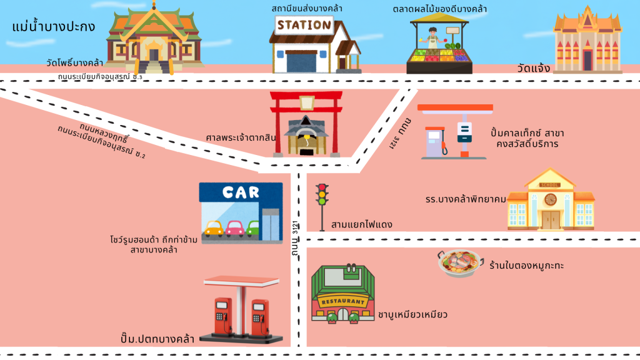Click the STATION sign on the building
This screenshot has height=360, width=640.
tap(304, 26)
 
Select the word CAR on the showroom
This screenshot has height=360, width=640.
tap(241, 192)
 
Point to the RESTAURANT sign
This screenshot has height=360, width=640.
tap(342, 301)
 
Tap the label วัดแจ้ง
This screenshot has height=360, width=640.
tap(533, 68)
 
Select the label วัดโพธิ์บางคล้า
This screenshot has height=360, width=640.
tap(74, 63)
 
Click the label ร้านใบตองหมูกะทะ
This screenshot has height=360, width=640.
tap(527, 266)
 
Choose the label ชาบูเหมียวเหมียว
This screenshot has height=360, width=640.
tap(412, 314)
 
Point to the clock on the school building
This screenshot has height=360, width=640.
tap(550, 199)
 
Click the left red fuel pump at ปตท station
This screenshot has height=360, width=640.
tap(222, 316)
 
